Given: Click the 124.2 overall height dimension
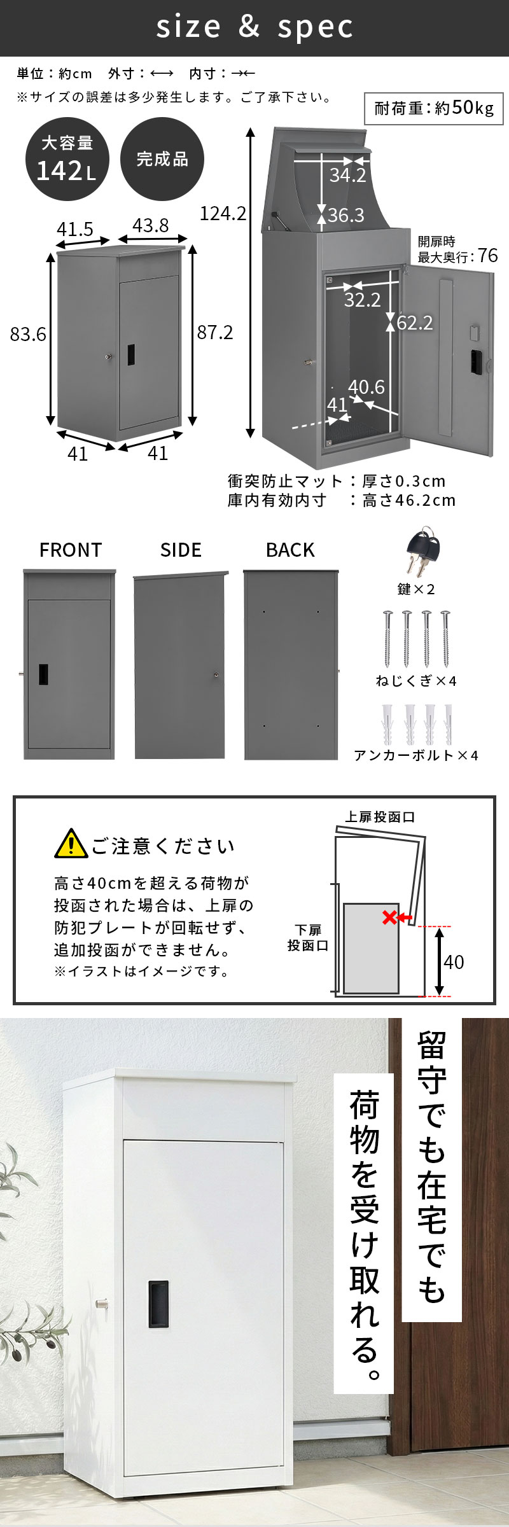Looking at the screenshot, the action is pos(223,214).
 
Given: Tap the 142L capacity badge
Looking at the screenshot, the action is pos(67,159).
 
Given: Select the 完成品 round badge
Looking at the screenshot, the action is pos(162,159).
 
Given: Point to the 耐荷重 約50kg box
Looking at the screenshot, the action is pos(434,109).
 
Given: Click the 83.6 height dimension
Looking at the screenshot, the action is pos(28,334).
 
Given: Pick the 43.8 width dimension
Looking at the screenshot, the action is pos(151,226).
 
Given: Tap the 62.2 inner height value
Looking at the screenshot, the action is pos(415,323).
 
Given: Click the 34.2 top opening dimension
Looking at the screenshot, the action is pos(348,175).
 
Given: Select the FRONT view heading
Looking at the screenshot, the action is pos(71,550).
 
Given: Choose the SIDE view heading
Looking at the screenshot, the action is pos(181,550).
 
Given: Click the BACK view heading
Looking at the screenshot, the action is pos(290,550).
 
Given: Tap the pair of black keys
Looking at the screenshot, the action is pos(422,552).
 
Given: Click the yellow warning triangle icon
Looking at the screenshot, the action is pos(71,844).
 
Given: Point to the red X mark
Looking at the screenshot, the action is pos(389,917).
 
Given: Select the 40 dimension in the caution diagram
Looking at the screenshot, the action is pos(454,962).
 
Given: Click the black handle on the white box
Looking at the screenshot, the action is pos(158,1304).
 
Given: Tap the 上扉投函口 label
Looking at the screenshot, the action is pos(380,817).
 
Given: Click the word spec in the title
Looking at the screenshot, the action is pos(316,27).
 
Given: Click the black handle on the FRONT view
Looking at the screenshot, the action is pos(43,674).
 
